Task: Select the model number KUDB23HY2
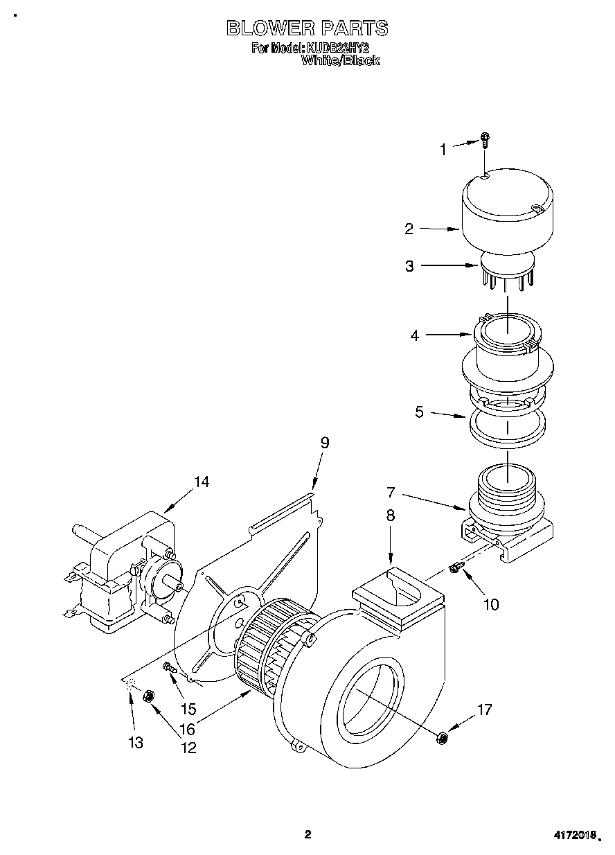click(x=339, y=49)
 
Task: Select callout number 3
click(x=409, y=265)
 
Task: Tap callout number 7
click(x=391, y=493)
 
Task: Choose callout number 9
click(x=324, y=443)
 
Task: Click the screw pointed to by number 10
click(x=455, y=568)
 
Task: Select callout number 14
click(x=201, y=482)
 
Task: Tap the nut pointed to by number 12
click(x=148, y=696)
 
